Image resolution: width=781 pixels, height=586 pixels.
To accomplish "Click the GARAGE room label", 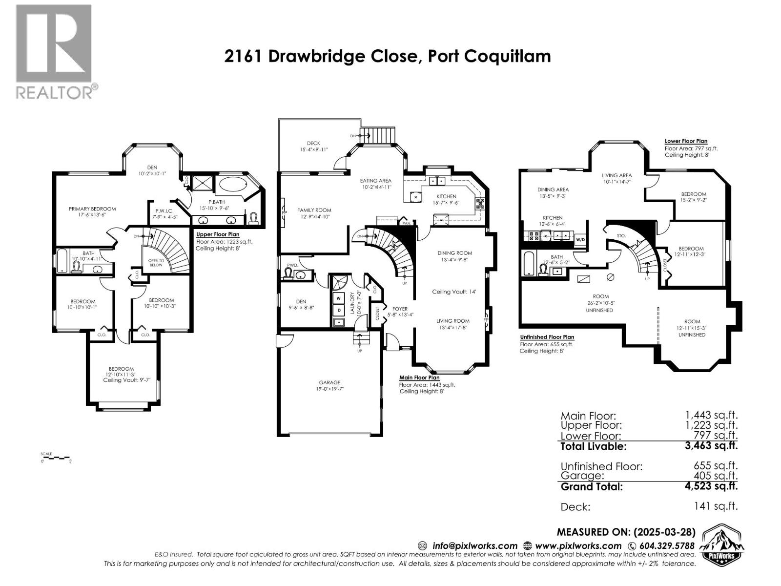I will coord(329,382).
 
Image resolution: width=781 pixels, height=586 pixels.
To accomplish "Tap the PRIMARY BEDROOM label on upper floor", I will coord(92,209).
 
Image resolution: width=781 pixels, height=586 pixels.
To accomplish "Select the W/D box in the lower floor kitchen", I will coord(580,240).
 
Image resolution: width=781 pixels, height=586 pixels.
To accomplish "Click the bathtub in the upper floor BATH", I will coord(62,261).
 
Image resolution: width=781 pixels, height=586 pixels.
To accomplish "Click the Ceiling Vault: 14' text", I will coord(454,292).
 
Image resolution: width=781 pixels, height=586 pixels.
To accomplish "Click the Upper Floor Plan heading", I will coord(218,234).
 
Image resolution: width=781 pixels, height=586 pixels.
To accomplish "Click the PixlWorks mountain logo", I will coord(721,545).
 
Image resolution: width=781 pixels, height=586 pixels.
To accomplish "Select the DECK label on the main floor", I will coord(313,143).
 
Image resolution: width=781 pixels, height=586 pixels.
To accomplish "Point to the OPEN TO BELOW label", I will coord(156,262).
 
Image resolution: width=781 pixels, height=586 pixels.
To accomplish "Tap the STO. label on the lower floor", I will coord(621,235).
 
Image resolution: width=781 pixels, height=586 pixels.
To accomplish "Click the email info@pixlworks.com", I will coord(474,546).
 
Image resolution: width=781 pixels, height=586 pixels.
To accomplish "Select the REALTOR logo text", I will coord(55,92).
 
